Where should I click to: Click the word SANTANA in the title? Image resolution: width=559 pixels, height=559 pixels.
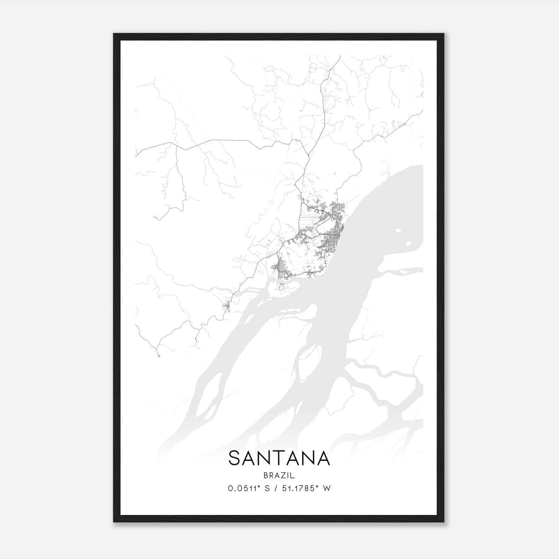[279, 458]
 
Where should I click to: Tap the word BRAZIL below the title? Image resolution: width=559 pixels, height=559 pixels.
[279, 475]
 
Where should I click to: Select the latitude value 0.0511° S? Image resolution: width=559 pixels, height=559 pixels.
[249, 488]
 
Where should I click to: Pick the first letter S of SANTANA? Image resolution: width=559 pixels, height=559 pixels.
[234, 458]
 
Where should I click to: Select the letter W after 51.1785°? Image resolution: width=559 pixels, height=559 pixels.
[327, 488]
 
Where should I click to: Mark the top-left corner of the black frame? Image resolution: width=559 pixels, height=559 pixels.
[114, 34]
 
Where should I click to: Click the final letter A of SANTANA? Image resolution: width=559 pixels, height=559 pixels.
[322, 458]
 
